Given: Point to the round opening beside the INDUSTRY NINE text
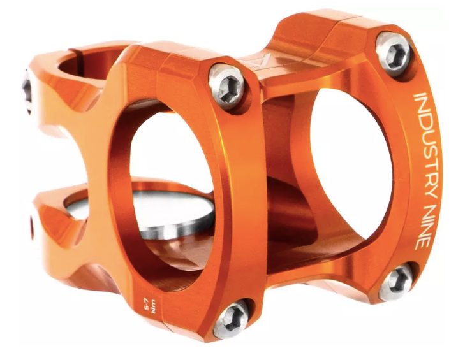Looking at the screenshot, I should [348, 159].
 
